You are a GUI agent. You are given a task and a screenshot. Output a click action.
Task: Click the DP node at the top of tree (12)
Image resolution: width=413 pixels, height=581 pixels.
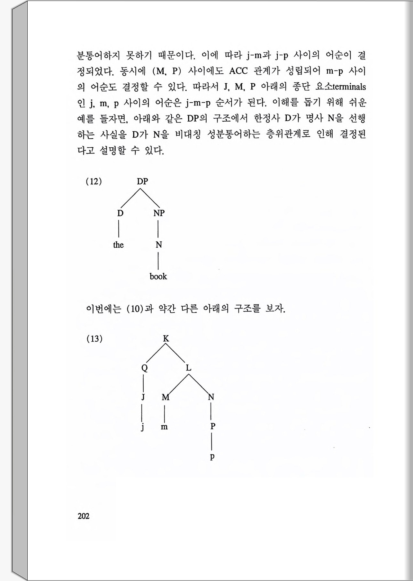click(142, 182)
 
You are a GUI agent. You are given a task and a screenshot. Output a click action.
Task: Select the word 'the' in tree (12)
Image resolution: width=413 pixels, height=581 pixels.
click(118, 245)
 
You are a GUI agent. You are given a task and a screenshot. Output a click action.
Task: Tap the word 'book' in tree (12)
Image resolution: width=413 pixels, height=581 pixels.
click(158, 277)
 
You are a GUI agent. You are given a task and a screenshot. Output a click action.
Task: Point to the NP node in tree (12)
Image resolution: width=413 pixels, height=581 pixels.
click(159, 213)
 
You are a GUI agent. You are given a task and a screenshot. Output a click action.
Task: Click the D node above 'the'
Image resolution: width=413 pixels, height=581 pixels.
click(120, 213)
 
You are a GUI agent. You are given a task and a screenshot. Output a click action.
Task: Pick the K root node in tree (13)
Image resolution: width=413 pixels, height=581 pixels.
click(166, 339)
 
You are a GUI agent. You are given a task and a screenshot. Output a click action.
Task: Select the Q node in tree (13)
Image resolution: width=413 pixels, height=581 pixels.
click(144, 368)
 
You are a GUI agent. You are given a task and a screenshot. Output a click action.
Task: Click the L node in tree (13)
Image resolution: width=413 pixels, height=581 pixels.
click(189, 368)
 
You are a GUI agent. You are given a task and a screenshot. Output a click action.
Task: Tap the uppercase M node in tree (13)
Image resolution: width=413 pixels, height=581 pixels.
click(165, 398)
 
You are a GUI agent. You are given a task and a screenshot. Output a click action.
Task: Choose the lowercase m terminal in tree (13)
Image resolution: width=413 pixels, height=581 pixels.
click(164, 427)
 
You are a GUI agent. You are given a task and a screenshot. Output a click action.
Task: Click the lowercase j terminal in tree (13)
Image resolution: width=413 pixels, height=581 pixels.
click(143, 427)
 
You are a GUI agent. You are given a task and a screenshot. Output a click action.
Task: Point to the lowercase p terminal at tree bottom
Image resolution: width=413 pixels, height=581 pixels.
click(212, 457)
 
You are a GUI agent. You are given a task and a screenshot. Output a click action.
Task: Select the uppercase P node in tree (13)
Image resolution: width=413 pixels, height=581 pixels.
click(212, 427)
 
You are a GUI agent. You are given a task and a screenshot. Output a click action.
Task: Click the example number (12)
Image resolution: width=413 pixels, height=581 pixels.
click(94, 182)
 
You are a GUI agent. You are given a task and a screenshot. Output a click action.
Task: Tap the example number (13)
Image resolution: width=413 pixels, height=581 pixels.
click(94, 339)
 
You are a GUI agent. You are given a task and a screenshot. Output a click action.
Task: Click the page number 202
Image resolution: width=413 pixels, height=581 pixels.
click(84, 516)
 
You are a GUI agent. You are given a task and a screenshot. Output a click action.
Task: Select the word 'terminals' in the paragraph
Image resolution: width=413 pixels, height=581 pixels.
click(349, 87)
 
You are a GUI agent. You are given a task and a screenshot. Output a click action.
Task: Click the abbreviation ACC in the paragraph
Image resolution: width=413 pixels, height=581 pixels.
click(238, 71)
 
